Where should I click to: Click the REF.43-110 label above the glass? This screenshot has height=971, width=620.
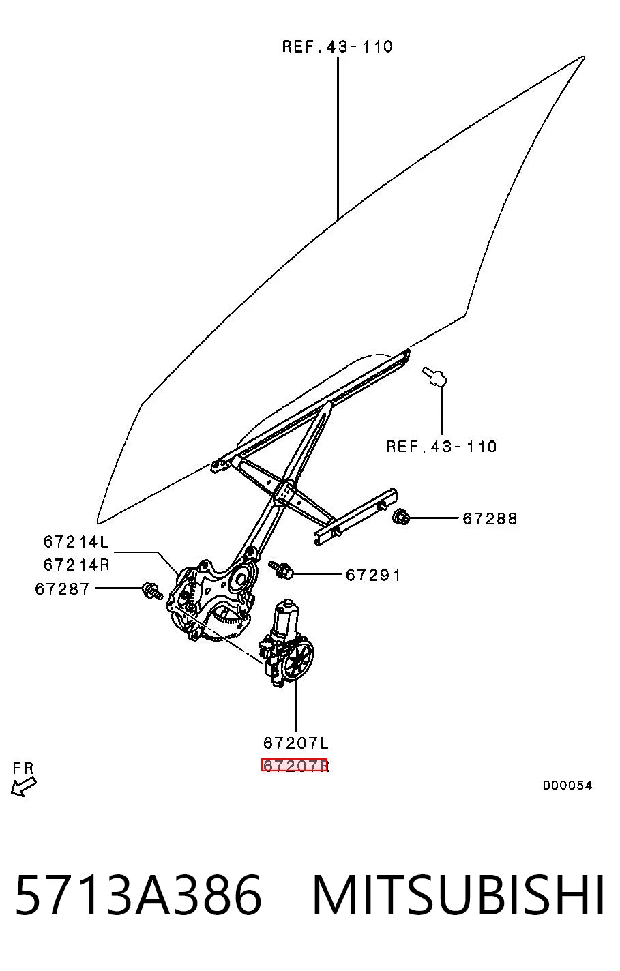(x=338, y=46)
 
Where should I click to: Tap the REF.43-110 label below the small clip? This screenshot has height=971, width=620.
(x=441, y=447)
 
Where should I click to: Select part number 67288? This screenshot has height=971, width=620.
(x=490, y=518)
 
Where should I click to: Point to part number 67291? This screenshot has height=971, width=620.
(x=373, y=575)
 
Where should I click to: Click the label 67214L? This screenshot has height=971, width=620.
(x=76, y=541)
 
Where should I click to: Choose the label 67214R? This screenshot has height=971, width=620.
(x=76, y=565)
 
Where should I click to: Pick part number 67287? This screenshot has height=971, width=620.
(x=63, y=588)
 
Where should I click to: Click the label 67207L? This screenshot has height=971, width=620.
(x=296, y=743)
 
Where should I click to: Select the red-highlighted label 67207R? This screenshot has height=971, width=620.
(x=295, y=766)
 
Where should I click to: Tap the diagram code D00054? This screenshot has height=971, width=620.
(x=567, y=786)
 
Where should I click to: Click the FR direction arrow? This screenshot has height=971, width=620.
(x=23, y=787)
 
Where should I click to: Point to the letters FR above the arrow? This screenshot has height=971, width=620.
(x=23, y=768)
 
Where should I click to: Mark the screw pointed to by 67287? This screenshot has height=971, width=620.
(x=151, y=591)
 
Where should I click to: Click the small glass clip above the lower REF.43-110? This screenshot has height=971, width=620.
(x=434, y=376)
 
